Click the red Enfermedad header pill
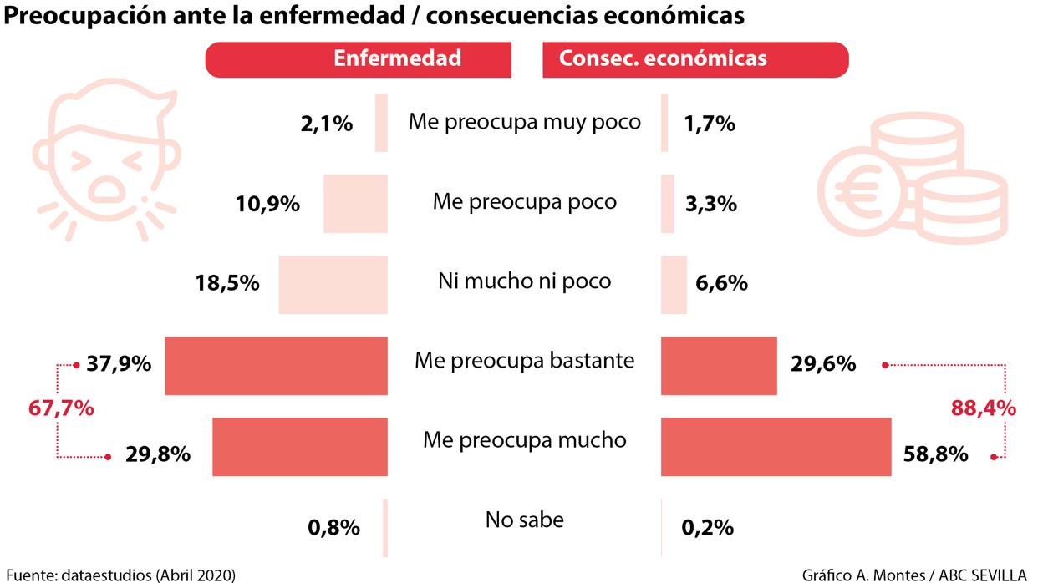pos(359,59)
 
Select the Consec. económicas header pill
pos(695,59)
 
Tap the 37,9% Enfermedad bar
pos(276,365)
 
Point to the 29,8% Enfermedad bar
pos(299,446)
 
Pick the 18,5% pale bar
pos(333,285)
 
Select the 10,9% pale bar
pos(355,204)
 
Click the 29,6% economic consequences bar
pos(719,365)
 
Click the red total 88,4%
pos(984,408)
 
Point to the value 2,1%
pos(326,124)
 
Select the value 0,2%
pos(707,527)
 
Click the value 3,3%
pos(710,204)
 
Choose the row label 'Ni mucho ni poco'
pos(524,281)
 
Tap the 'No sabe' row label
pos(524,520)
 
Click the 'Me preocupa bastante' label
pos(524,361)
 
